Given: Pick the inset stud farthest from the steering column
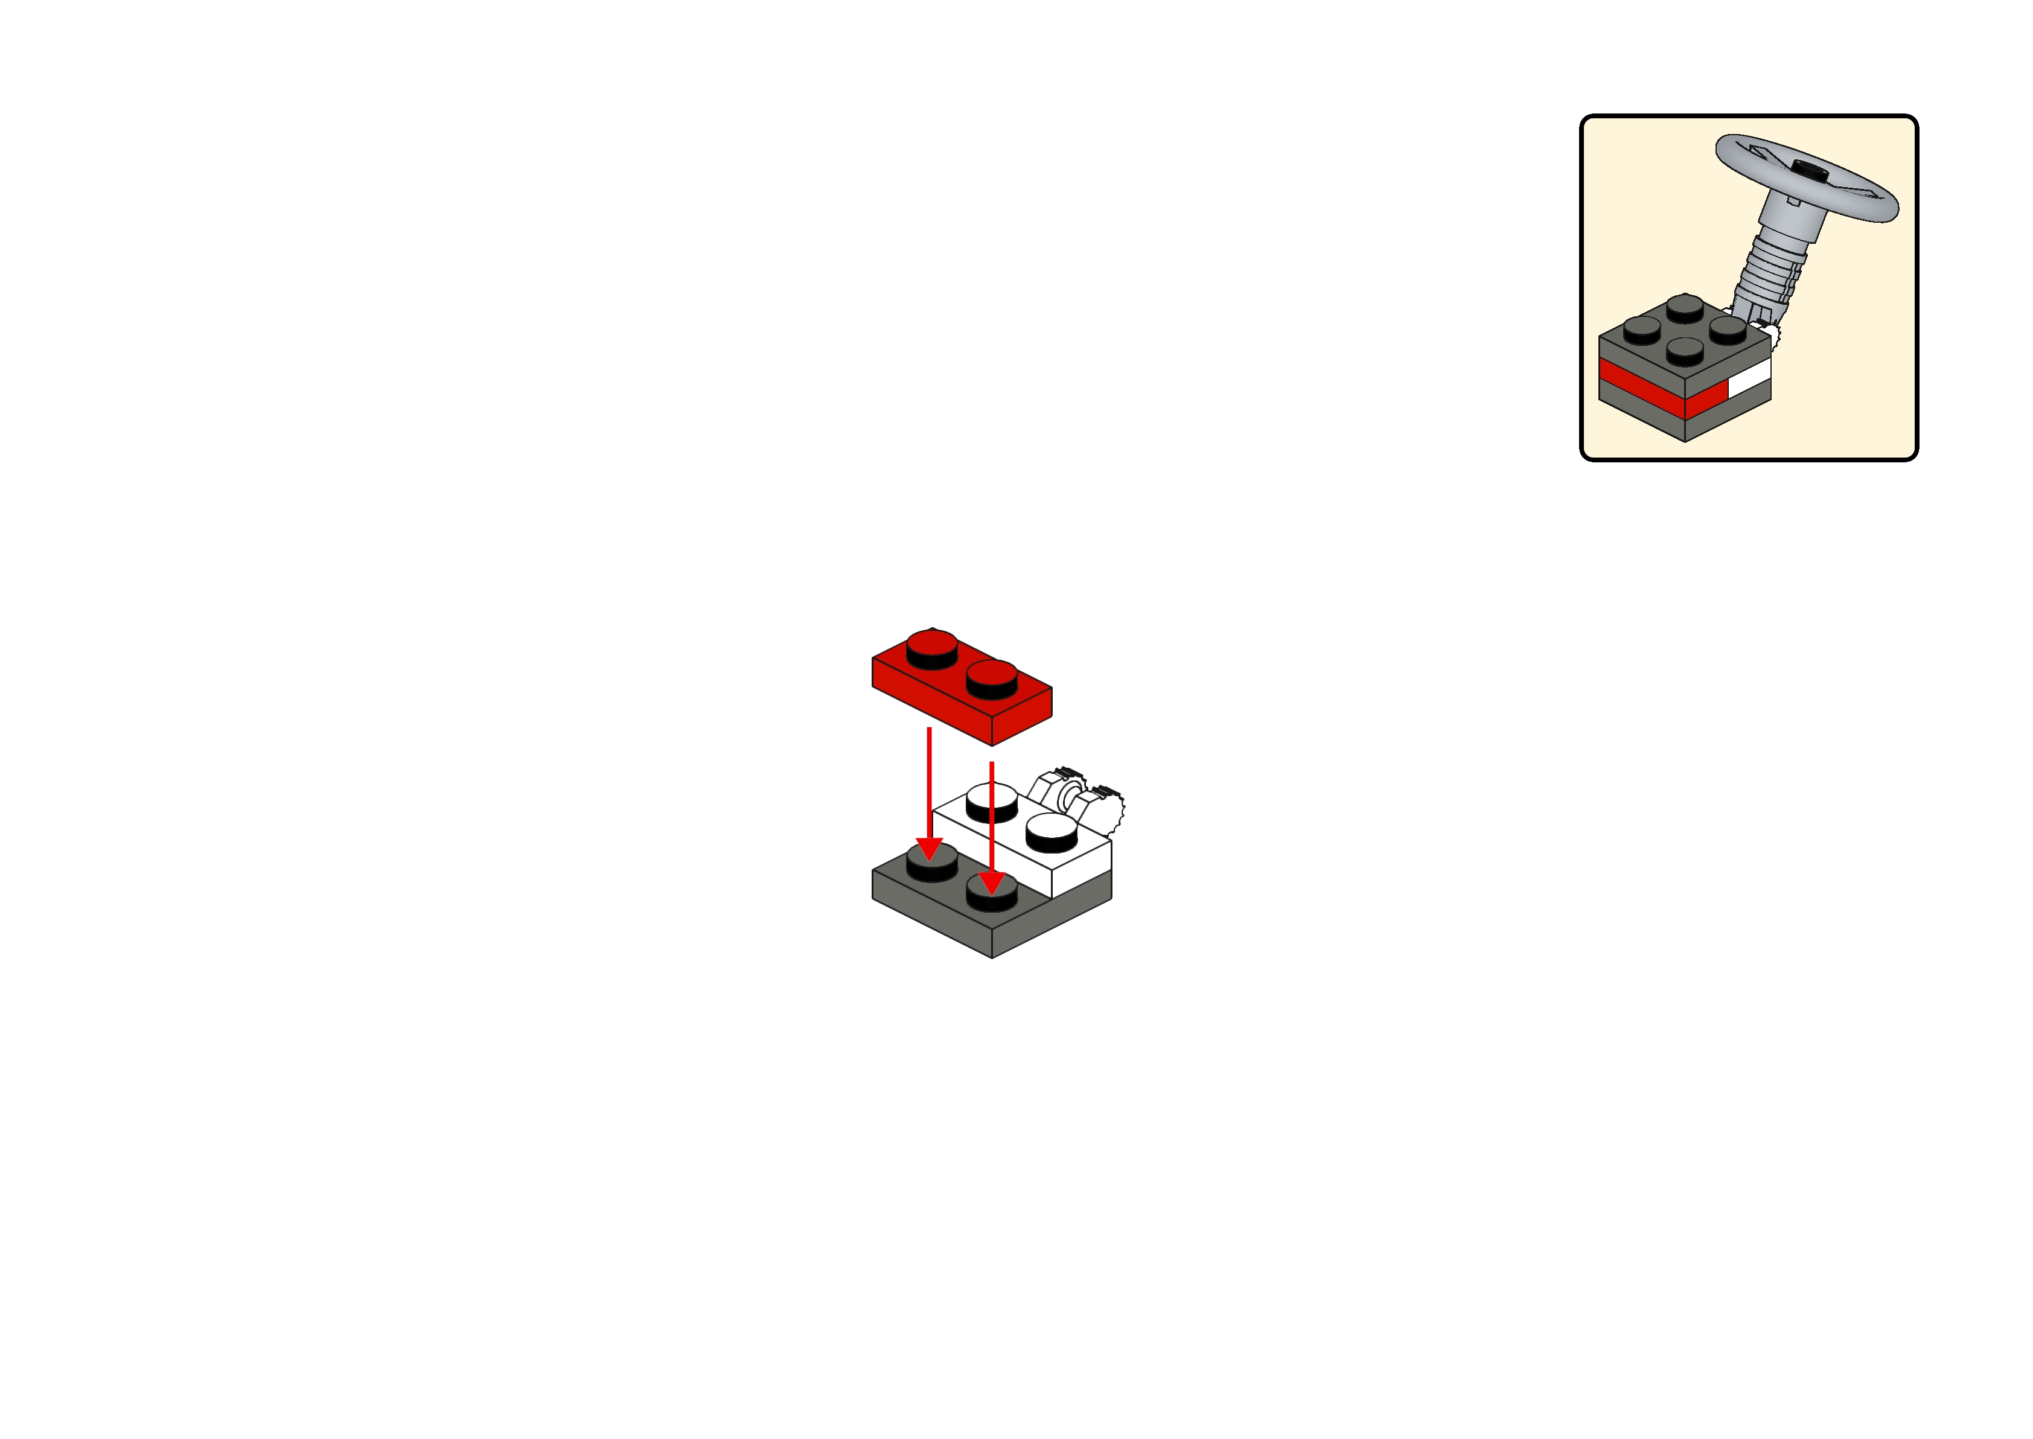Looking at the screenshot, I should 1641,329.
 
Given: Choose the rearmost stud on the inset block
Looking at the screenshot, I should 1684,307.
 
